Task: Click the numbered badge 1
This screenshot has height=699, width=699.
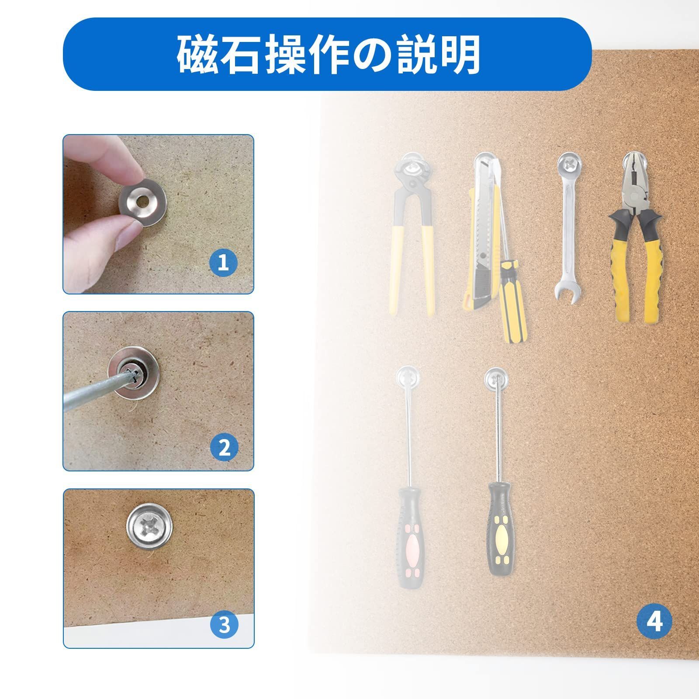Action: point(223,263)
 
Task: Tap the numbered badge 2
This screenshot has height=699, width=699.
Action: point(224,447)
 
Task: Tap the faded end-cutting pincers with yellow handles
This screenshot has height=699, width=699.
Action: point(413,236)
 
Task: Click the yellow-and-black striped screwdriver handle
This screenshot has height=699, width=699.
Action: point(515,301)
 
